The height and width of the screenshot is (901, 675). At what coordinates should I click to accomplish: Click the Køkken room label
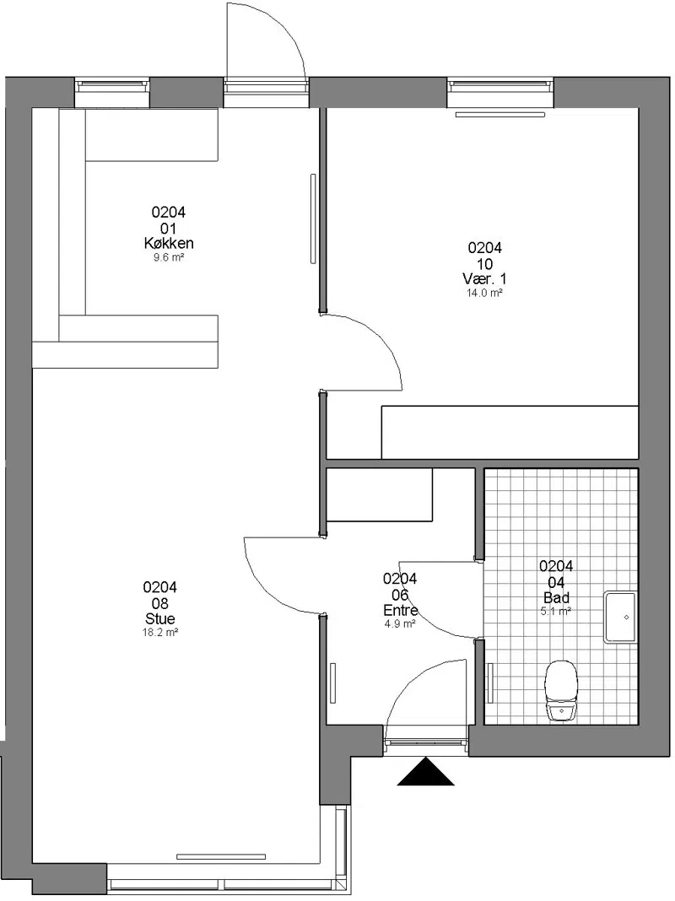pos(168,243)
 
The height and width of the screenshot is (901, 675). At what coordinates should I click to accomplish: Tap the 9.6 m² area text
pos(168,257)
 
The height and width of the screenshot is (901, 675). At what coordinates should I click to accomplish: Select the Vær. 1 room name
pos(485,279)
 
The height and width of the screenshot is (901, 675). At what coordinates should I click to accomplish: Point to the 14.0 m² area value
pos(485,293)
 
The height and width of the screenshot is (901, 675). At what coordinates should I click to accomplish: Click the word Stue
pos(160,619)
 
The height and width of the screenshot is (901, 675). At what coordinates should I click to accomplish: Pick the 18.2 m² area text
pos(160,633)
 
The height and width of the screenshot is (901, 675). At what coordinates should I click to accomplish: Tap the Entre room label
pos(401,610)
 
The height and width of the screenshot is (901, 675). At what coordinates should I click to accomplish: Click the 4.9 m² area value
pos(401,623)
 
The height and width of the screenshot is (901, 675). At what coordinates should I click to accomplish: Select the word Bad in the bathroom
pos(556,597)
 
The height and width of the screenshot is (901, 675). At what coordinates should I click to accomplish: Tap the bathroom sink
pos(620,617)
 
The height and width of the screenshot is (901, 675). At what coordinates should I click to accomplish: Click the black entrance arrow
pos(426,771)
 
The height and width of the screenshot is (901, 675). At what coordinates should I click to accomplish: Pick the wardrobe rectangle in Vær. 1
pos(510,433)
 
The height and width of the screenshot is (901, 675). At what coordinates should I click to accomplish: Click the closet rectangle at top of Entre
pos(379,494)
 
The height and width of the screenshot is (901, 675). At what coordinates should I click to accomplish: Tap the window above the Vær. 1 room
pos(500,86)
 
